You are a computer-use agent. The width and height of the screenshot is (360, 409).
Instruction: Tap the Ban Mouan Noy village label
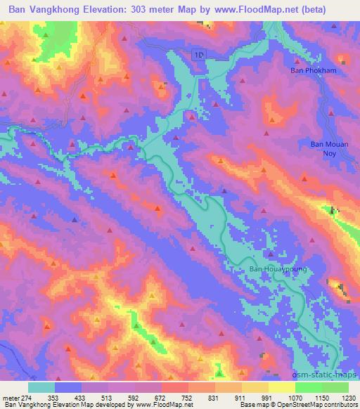[x=324, y=148]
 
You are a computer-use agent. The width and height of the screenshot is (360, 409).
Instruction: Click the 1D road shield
[x=200, y=54]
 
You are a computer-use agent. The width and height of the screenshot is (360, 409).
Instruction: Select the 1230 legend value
[x=349, y=397]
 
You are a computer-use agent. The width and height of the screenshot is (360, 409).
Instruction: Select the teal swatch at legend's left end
[x=41, y=387]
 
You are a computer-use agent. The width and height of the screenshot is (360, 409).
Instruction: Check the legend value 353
[x=54, y=397]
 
